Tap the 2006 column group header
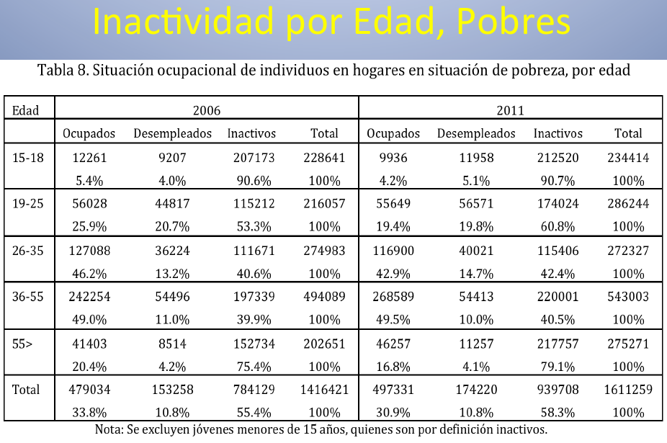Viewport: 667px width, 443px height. point(207,110)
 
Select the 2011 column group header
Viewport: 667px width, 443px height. point(510,110)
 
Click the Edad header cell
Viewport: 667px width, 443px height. point(25,110)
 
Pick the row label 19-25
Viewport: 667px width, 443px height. point(28,203)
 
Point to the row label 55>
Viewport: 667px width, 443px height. point(22,344)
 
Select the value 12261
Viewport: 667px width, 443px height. point(89,157)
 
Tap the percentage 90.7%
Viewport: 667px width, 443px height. point(558,180)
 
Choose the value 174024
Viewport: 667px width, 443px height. point(558,203)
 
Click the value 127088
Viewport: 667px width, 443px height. point(89,251)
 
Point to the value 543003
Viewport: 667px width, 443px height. point(628,297)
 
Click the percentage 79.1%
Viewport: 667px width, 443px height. point(558,367)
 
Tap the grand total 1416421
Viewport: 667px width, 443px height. point(323,390)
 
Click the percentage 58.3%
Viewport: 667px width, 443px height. point(558,413)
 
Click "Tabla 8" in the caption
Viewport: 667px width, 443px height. point(63,71)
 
